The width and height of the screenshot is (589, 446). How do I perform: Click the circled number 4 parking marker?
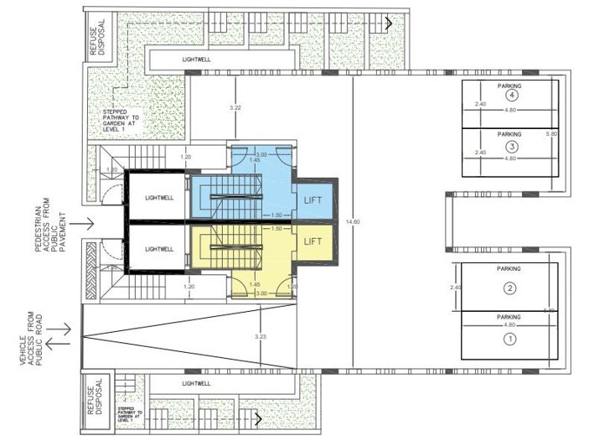pyautogui.click(x=510, y=96)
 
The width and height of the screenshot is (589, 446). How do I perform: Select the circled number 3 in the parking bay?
pyautogui.click(x=510, y=147)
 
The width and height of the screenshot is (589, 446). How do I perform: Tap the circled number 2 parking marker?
pyautogui.click(x=509, y=289)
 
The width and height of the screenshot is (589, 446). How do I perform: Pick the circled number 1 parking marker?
pyautogui.click(x=509, y=340)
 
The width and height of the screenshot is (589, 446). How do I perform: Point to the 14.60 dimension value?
pyautogui.click(x=352, y=221)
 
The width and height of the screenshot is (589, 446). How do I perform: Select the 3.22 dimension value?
pyautogui.click(x=235, y=109)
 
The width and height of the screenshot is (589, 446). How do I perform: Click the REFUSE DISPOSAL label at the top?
pyautogui.click(x=95, y=36)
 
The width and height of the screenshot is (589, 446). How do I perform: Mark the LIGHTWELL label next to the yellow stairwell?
pyautogui.click(x=158, y=249)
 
